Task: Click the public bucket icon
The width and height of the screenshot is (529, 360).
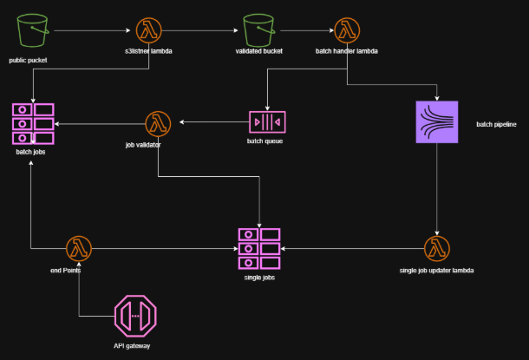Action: pyautogui.click(x=33, y=30)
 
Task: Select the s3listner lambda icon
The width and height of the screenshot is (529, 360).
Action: pyautogui.click(x=149, y=30)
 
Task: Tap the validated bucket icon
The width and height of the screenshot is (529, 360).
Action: pyautogui.click(x=258, y=30)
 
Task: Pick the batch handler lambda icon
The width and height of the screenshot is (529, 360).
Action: pyautogui.click(x=347, y=30)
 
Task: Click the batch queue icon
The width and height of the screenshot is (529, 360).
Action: pyautogui.click(x=267, y=122)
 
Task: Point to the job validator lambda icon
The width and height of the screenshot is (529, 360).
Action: pyautogui.click(x=158, y=124)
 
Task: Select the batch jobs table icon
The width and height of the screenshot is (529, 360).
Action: pyautogui.click(x=33, y=124)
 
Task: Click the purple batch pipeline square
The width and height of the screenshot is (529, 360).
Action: pyautogui.click(x=437, y=121)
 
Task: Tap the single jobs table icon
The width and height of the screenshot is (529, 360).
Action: pyautogui.click(x=259, y=249)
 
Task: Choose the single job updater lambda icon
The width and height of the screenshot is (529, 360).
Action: pyautogui.click(x=437, y=249)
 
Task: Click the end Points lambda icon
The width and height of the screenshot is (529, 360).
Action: pyautogui.click(x=79, y=249)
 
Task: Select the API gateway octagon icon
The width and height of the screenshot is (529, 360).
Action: pyautogui.click(x=135, y=316)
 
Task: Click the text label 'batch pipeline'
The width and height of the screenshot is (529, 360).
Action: pyautogui.click(x=496, y=125)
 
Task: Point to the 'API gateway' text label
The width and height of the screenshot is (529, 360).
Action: pyautogui.click(x=132, y=346)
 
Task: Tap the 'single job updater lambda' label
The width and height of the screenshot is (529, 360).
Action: pyautogui.click(x=436, y=271)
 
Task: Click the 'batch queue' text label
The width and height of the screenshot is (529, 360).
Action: pyautogui.click(x=264, y=141)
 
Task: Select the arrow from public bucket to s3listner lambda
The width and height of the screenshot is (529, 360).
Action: pyautogui.click(x=92, y=30)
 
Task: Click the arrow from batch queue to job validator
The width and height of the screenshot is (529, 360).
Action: pyautogui.click(x=214, y=121)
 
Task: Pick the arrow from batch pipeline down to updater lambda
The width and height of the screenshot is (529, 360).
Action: pyautogui.click(x=437, y=189)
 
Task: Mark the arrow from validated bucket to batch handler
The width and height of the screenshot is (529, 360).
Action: pyautogui.click(x=307, y=30)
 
